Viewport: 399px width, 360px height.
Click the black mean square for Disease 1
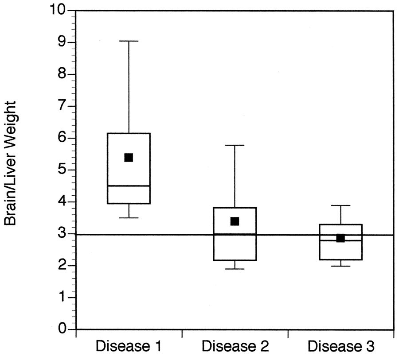(x=129, y=158)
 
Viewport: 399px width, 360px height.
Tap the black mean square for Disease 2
(x=235, y=221)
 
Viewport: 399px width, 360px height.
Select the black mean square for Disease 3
(x=340, y=238)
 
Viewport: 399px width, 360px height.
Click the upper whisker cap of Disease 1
(x=129, y=41)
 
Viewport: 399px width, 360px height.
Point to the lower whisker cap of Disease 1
(x=129, y=218)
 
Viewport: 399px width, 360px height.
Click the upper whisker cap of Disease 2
(x=235, y=145)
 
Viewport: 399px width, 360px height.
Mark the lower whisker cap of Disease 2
(x=235, y=269)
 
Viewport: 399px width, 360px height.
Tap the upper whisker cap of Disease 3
(x=340, y=205)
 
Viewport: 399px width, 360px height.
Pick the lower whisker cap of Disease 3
(x=340, y=266)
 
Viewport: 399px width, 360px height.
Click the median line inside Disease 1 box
(x=129, y=186)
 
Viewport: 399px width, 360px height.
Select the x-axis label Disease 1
(x=129, y=346)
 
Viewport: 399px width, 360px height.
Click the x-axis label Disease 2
(x=235, y=346)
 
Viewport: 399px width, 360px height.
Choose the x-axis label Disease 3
(x=341, y=346)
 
